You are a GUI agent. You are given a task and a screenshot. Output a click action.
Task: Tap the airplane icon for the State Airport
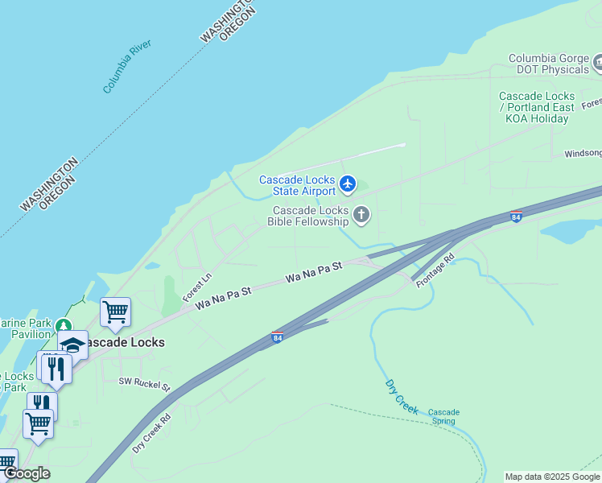pos(348,184)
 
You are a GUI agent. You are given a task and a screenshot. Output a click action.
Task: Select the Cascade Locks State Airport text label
pos(297,186)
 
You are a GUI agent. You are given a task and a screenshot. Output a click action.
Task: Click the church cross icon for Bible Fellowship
pos(361,214)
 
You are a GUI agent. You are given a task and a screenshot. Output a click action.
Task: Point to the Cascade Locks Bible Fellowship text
pos(309,216)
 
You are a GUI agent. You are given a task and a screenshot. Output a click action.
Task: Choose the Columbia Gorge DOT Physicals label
pos(548,64)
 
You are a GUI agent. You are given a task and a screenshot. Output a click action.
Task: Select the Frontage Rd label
pos(435,271)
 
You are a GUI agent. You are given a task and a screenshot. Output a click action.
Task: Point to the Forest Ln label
pos(196,287)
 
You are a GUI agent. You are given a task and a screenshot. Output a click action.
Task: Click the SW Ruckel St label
pos(144,384)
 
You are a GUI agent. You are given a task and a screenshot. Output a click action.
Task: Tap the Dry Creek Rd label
pos(152,433)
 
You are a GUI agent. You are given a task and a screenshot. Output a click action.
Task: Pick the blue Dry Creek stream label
pos(402,396)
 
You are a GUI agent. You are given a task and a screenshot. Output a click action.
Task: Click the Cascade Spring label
pos(443,417)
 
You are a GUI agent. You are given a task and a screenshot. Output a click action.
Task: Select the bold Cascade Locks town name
pos(124,342)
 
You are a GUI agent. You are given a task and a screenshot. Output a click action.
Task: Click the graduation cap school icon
pos(72,345)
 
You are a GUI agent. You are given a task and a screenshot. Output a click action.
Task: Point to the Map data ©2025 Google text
pos(552,477)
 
